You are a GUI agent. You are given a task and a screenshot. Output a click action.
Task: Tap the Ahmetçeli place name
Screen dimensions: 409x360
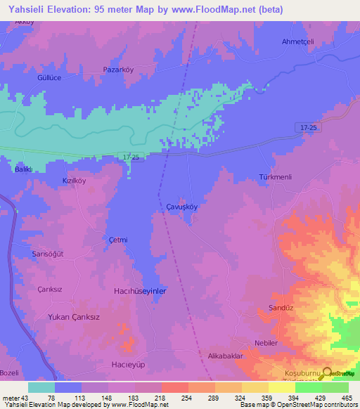[x=296, y=40]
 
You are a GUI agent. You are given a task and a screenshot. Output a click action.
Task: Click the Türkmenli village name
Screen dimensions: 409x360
[x=275, y=176]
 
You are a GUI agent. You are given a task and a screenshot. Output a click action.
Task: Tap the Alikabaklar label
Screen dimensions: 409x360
[x=224, y=356]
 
